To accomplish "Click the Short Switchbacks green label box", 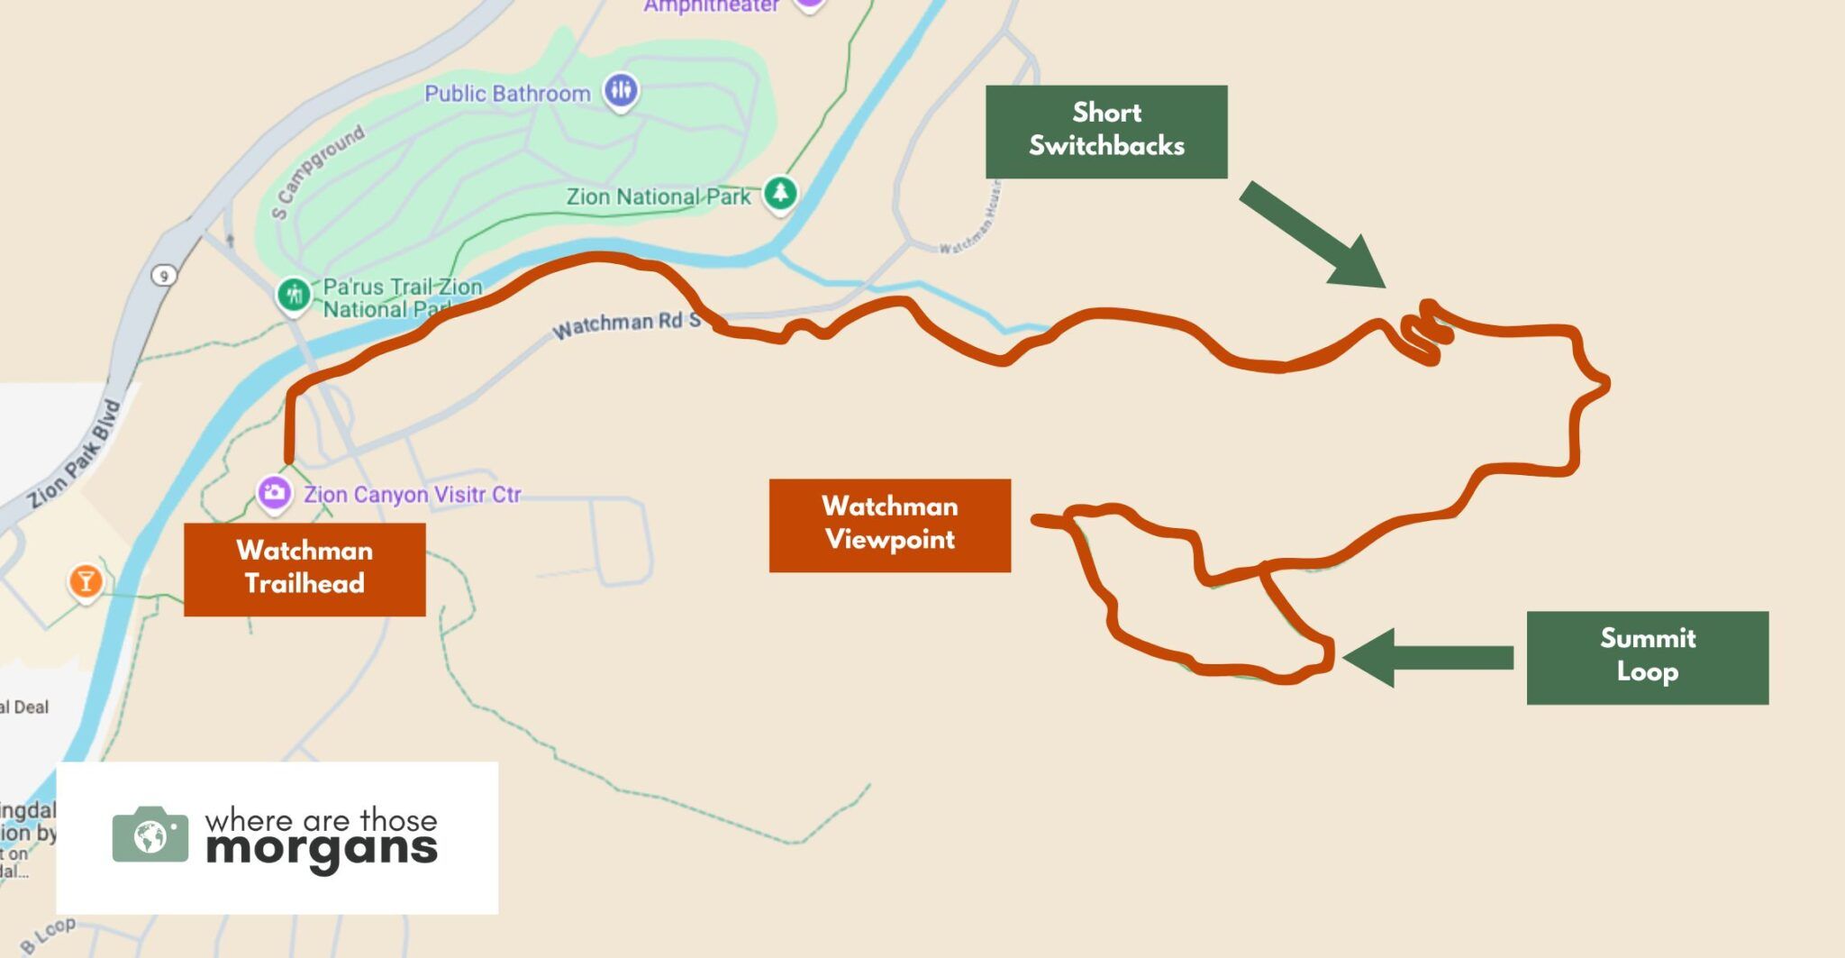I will [1106, 132].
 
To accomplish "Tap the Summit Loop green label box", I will [1647, 657].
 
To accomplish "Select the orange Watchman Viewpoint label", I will [889, 525].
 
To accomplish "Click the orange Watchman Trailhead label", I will [304, 569].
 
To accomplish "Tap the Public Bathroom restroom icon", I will [621, 90].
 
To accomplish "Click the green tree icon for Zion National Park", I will [780, 193].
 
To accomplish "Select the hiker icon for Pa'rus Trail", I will [293, 294].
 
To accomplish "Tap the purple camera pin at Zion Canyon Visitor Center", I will [274, 493].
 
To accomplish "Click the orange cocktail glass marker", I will [86, 581].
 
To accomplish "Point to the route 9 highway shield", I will [163, 276].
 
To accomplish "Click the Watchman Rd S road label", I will [626, 324].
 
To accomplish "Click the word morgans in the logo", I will [321, 850].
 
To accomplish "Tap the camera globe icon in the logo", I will [150, 835].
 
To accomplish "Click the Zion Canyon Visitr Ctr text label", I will [412, 495].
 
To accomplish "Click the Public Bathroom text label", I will [507, 94].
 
